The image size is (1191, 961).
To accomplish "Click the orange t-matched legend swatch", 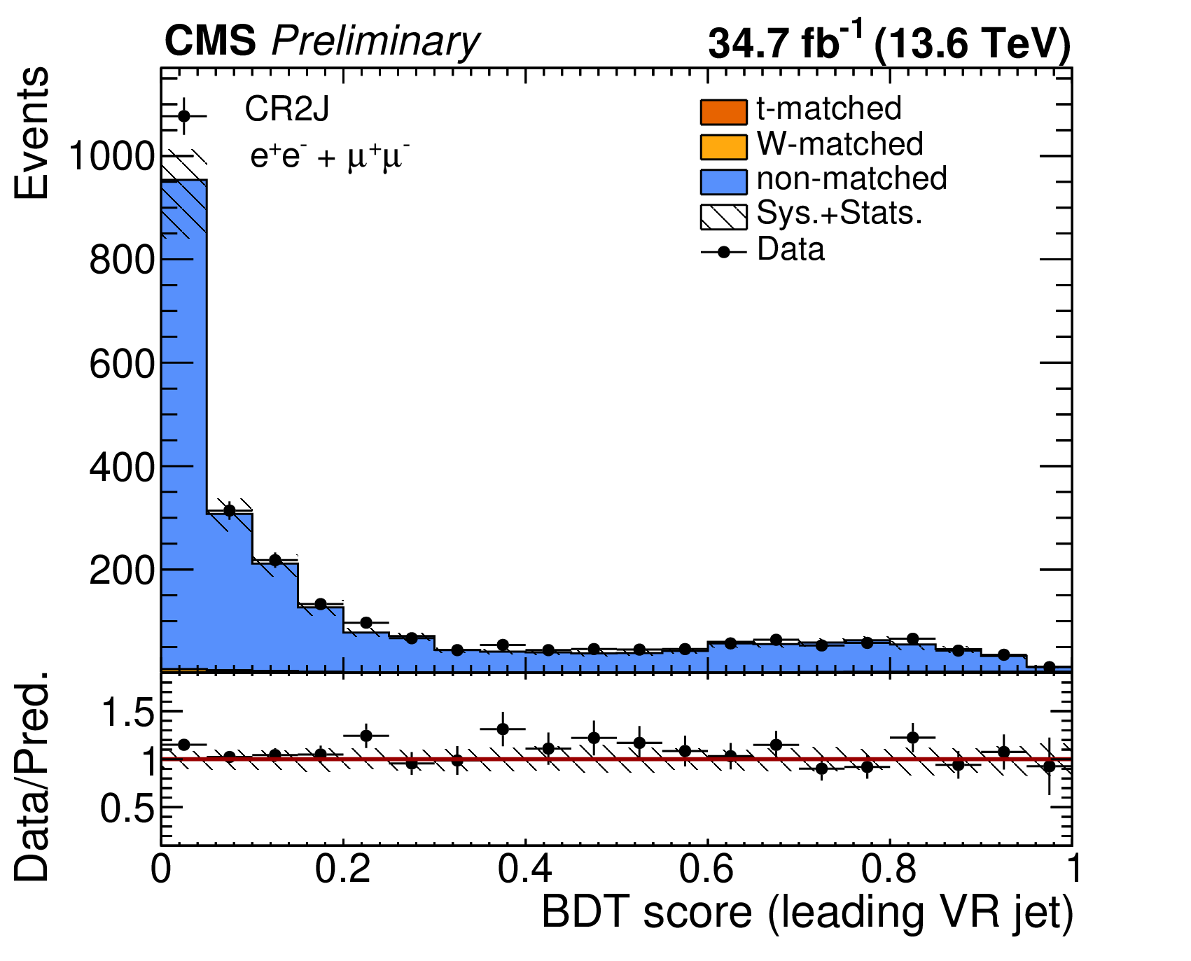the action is (x=723, y=112).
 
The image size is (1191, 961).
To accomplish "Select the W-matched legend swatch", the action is (x=723, y=146).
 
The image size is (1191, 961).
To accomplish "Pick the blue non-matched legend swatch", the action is (x=723, y=181).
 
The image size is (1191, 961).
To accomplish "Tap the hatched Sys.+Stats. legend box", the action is (x=723, y=216).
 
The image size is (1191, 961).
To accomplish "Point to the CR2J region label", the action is (x=286, y=109).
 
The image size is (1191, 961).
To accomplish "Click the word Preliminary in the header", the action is (x=375, y=42).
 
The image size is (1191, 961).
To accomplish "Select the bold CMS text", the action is (x=211, y=41).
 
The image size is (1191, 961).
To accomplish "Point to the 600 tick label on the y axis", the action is (x=121, y=364).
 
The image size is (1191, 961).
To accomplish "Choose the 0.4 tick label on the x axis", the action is (x=526, y=870).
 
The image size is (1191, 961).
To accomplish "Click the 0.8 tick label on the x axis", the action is (x=890, y=870).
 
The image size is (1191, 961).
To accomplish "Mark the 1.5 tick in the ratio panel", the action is (x=128, y=713).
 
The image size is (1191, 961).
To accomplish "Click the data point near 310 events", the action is (x=229, y=511).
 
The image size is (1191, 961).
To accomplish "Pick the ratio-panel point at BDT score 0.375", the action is (x=503, y=729).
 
